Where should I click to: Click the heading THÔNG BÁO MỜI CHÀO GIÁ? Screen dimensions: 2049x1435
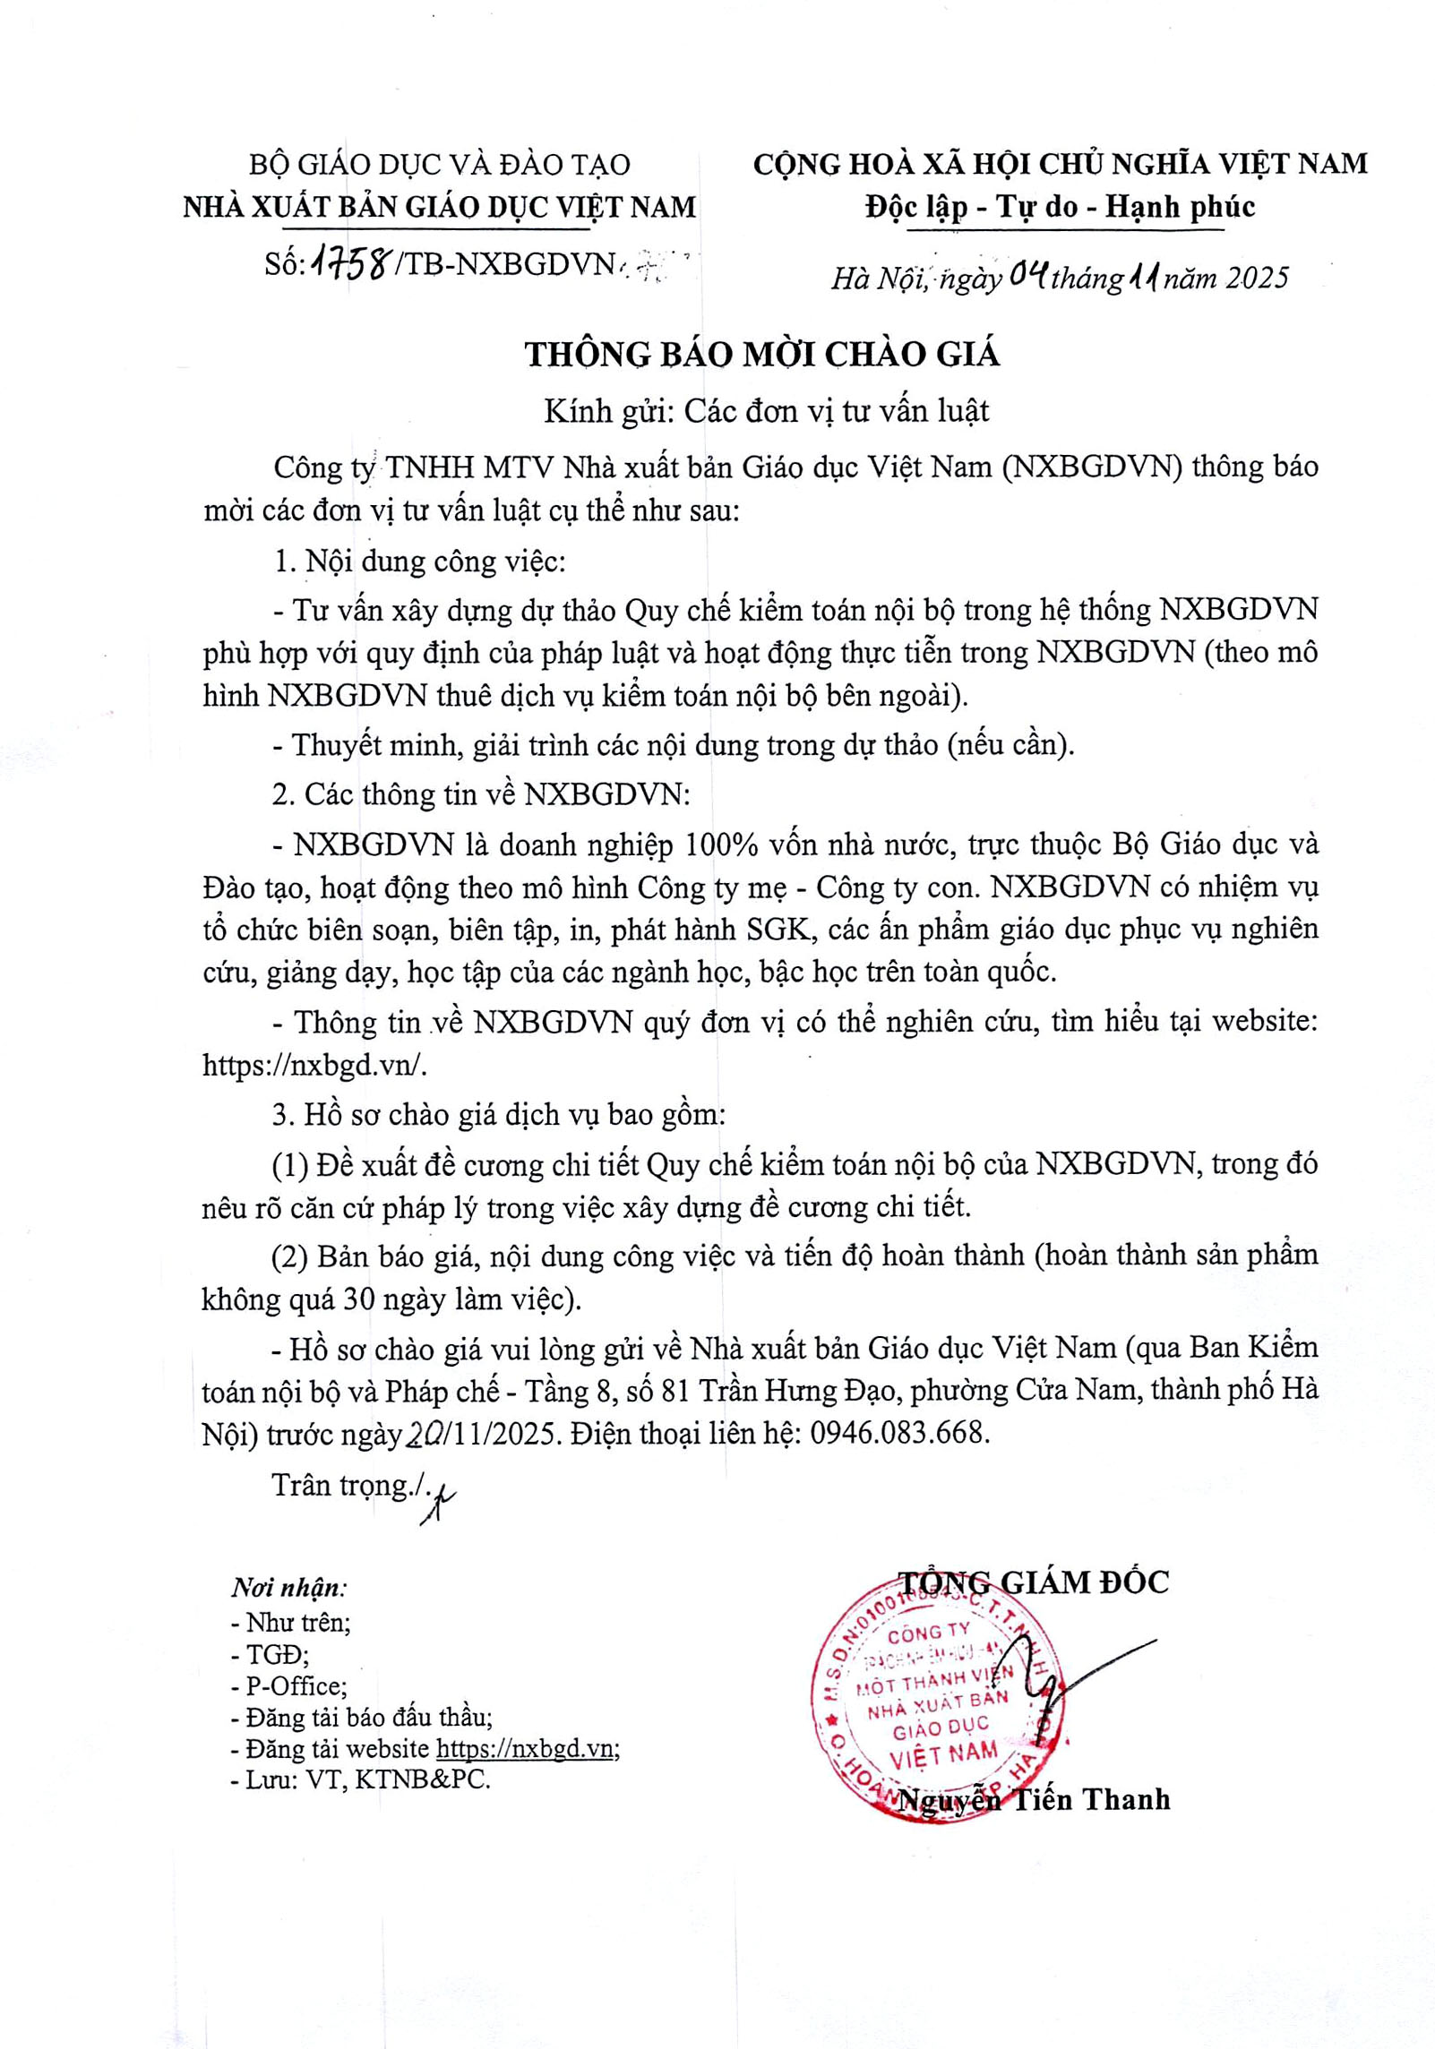761,355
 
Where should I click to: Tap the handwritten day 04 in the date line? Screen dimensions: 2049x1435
1028,275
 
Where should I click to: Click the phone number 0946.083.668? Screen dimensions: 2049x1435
899,1433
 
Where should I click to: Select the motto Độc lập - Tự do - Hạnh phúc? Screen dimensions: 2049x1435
1061,207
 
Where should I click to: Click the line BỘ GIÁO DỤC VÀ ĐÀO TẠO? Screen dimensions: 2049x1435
439,165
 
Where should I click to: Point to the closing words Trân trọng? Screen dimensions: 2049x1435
340,1484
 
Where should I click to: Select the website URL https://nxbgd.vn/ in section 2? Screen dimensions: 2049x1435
315,1065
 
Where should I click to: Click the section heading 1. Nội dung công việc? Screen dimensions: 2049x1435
419,562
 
